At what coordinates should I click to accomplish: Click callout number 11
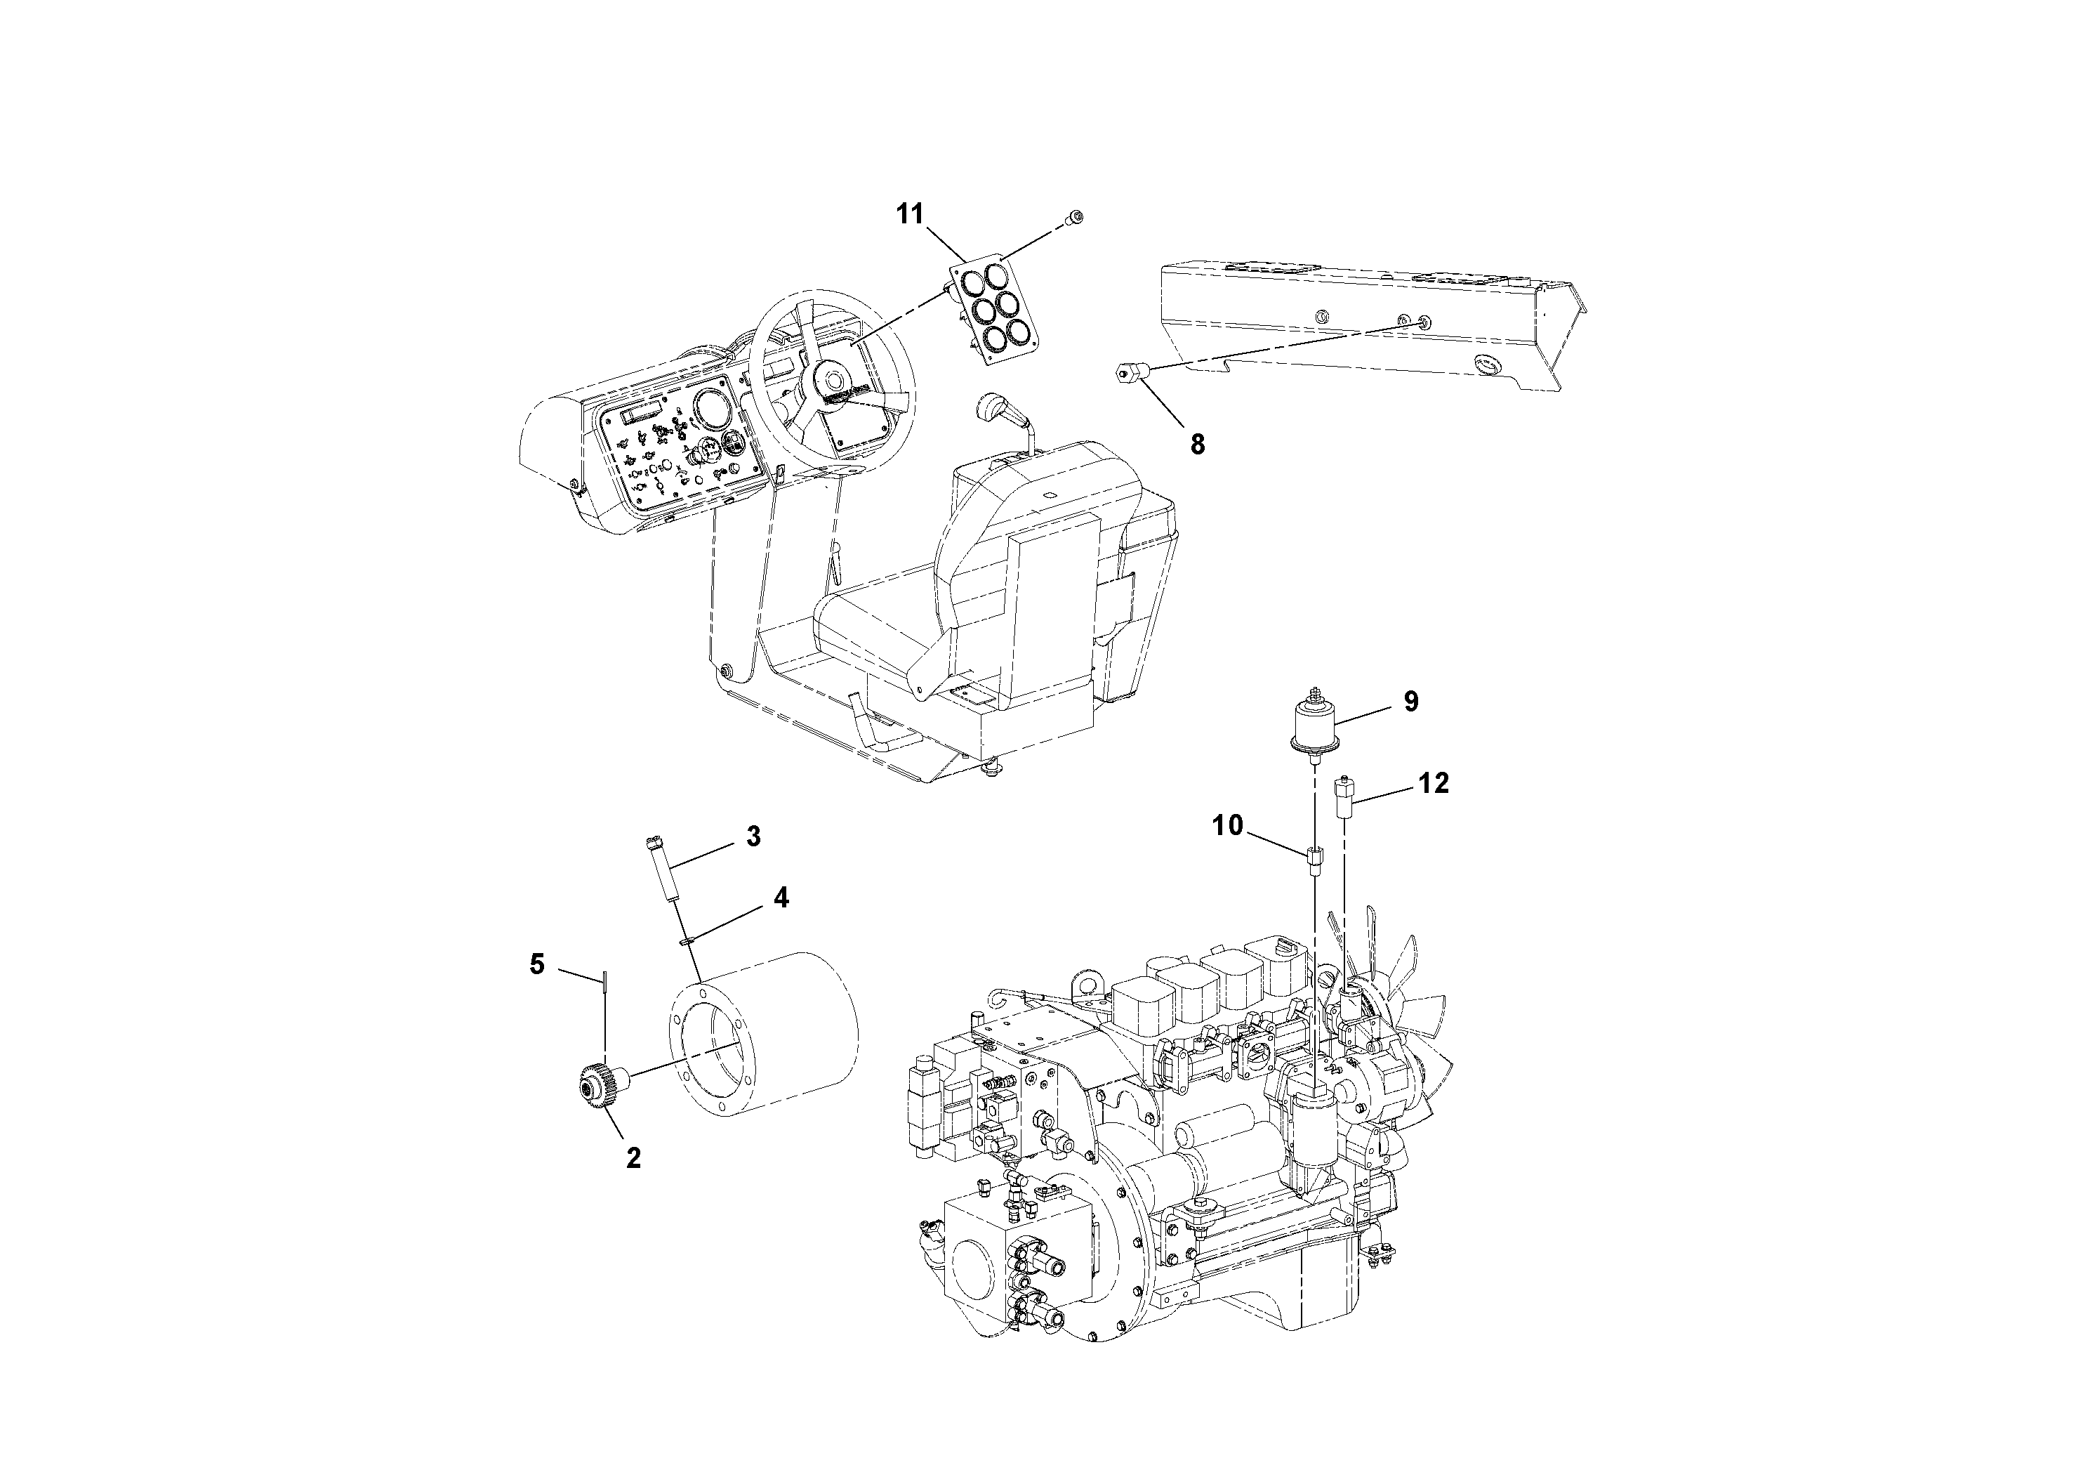(909, 214)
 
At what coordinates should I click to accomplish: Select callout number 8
(1197, 445)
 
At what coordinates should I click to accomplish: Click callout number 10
(1227, 826)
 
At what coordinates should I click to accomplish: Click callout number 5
(537, 964)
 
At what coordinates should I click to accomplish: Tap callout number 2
(633, 1158)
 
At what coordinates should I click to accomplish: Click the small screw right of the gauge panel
(1078, 217)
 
